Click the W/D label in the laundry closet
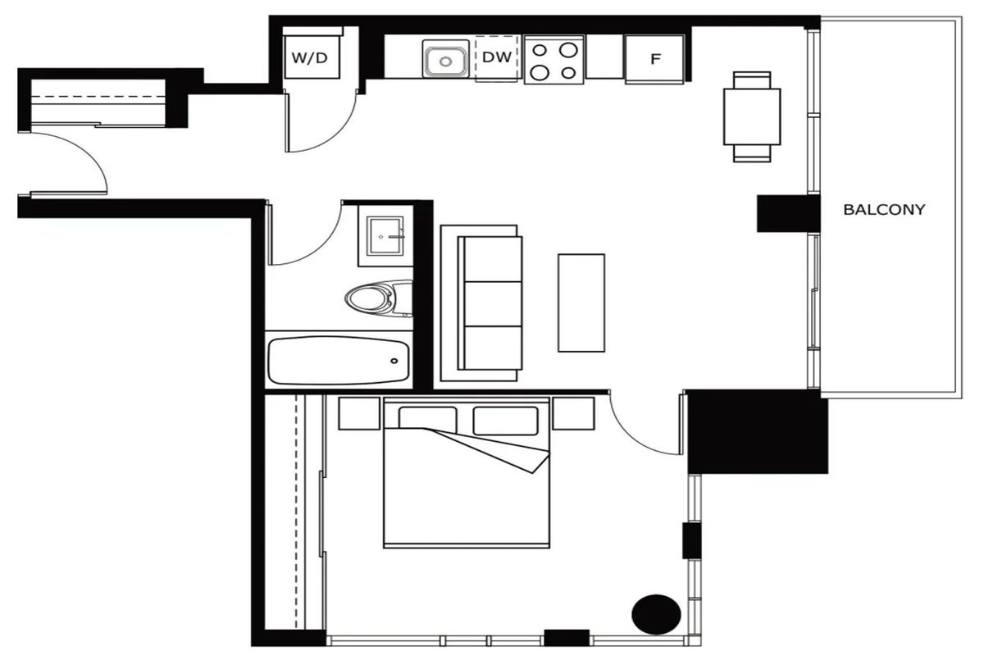coord(310,57)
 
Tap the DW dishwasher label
coord(497,57)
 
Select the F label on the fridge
coord(655,59)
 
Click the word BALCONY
coord(884,209)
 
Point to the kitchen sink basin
coord(445,61)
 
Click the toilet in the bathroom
coord(379,298)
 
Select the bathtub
coord(338,361)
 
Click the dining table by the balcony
coord(752,116)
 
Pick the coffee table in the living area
coord(581,303)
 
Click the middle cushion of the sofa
coord(493,304)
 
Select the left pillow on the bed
coord(427,419)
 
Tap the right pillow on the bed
coord(505,421)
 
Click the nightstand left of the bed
coord(359,413)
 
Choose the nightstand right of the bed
coord(573,413)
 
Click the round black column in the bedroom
coord(656,614)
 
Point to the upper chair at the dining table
coord(752,80)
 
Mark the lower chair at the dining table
coord(752,153)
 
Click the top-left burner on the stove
coord(540,51)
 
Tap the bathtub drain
coord(394,361)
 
